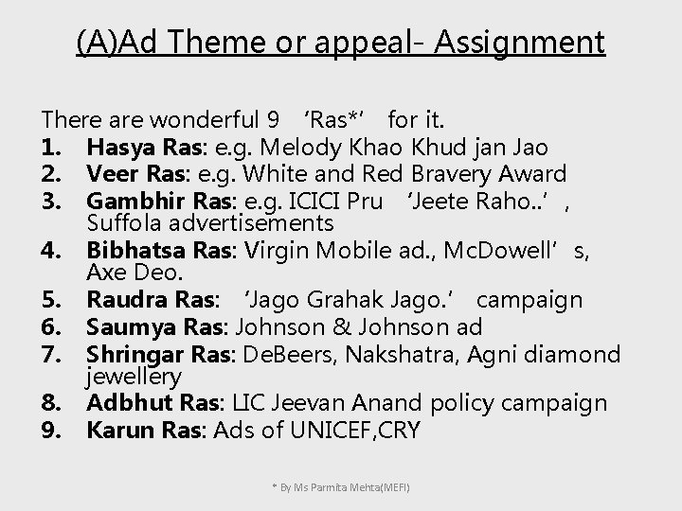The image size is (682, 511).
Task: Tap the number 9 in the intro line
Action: pyautogui.click(x=274, y=120)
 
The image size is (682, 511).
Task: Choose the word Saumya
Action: pyautogui.click(x=125, y=327)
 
